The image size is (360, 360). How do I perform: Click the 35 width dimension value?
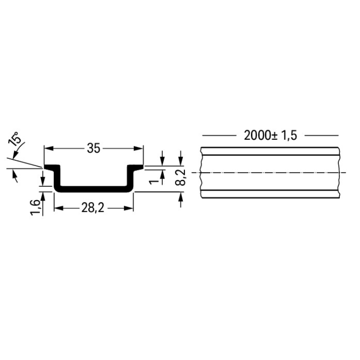click(x=94, y=148)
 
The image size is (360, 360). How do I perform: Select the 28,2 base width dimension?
click(x=93, y=208)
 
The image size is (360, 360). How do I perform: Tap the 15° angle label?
click(x=14, y=139)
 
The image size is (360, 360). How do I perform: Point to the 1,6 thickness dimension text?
click(x=36, y=208)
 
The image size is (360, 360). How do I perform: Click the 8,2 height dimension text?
click(x=180, y=178)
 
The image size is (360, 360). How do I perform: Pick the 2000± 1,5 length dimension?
click(x=270, y=135)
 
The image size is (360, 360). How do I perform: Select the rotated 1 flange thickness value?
click(x=154, y=182)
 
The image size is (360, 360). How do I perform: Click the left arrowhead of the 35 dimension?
click(x=48, y=148)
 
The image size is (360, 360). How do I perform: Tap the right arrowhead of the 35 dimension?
click(x=138, y=148)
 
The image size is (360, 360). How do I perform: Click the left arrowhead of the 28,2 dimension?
click(x=59, y=208)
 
